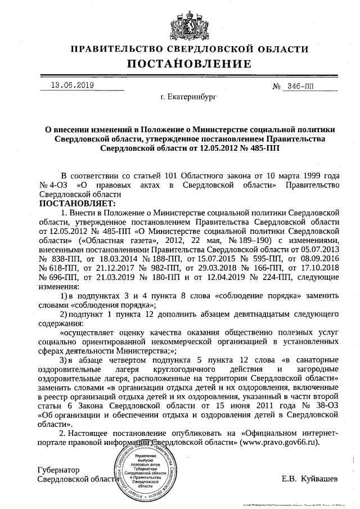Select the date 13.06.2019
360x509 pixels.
(73, 86)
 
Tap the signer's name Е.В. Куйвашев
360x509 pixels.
(309, 479)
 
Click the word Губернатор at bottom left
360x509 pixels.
(58, 470)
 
